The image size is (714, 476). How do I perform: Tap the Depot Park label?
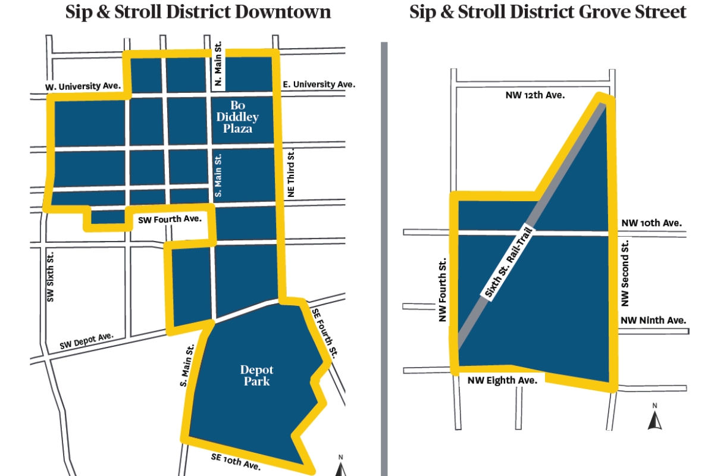256,375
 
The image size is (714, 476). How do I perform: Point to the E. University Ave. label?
318,84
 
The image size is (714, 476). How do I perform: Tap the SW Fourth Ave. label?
170,220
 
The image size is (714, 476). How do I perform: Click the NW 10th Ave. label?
652,223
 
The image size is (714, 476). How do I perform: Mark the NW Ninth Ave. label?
653,320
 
